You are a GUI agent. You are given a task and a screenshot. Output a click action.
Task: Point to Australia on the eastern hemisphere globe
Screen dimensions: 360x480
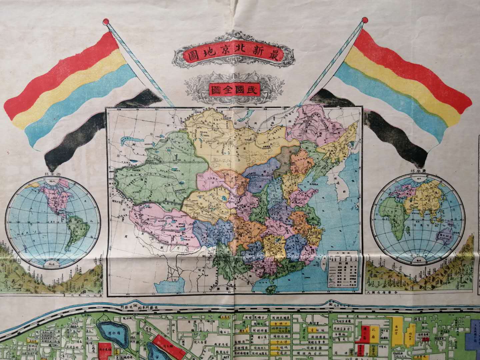(x=447, y=238)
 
